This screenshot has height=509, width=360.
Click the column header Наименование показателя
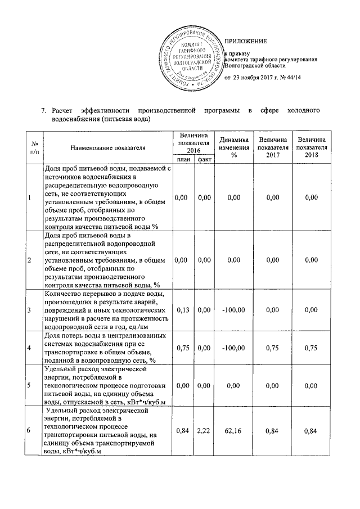(x=108, y=147)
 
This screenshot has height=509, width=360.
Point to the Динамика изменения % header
(x=230, y=147)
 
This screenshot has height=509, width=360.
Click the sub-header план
(x=183, y=160)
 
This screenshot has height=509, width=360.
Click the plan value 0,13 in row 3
(x=183, y=310)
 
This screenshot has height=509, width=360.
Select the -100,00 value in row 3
(x=230, y=310)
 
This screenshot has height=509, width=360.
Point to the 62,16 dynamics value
(x=230, y=431)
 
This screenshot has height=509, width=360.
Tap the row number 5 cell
(x=29, y=386)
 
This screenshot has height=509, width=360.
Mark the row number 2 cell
(x=29, y=260)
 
